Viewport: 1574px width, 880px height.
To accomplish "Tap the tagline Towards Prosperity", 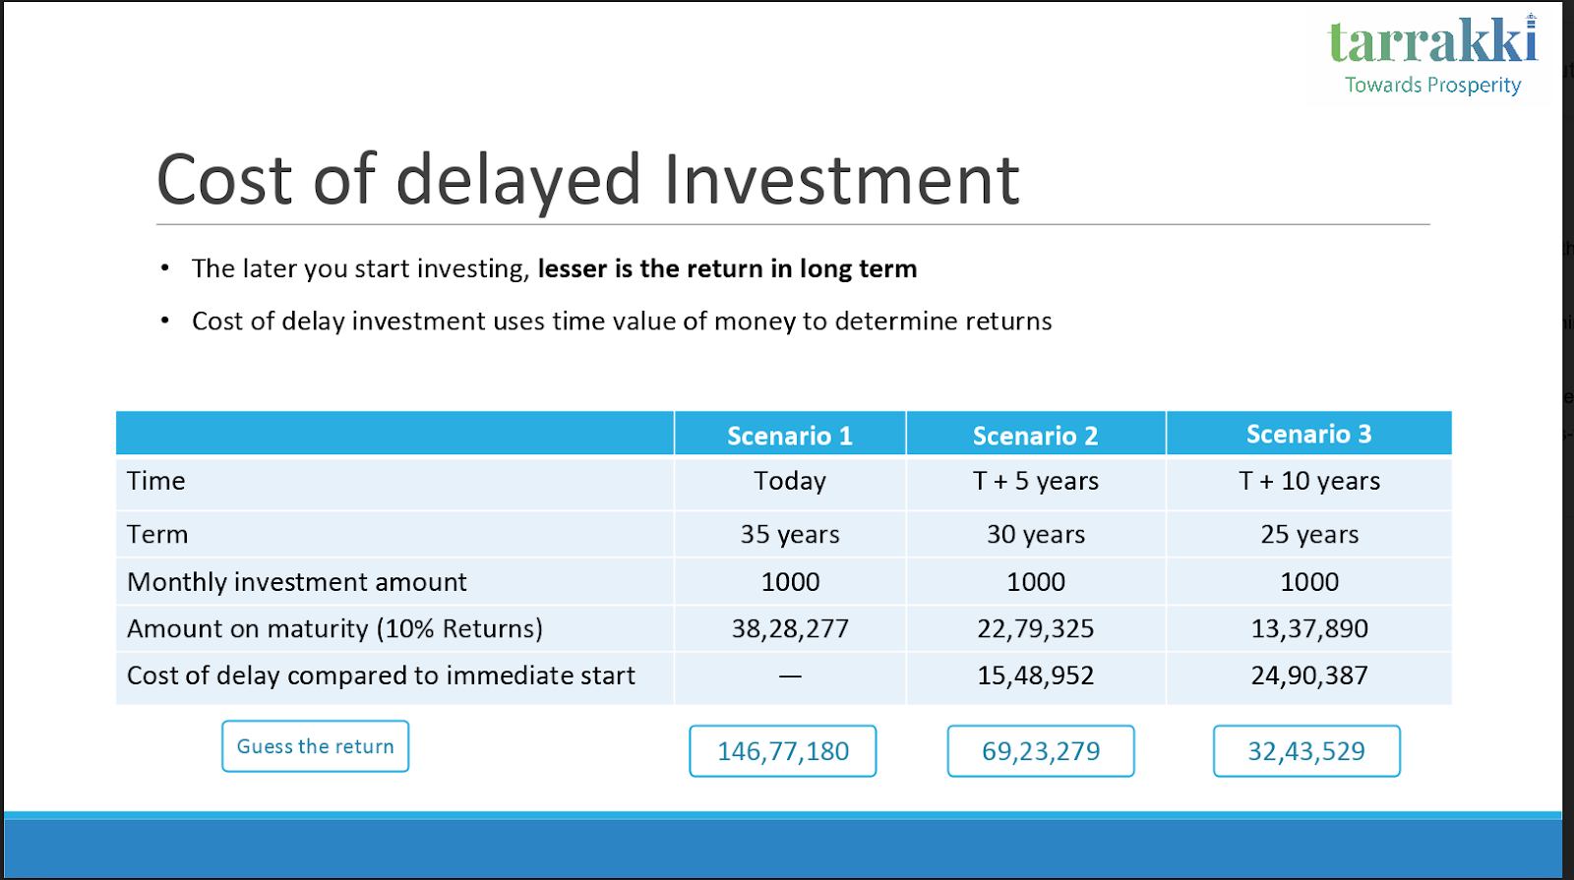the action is coord(1432,85).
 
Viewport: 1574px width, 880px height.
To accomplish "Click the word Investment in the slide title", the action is coord(841,180).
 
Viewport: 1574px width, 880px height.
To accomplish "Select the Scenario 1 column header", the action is coord(790,436).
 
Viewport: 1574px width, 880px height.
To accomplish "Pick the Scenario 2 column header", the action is coord(1035,436).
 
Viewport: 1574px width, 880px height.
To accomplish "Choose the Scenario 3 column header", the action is coord(1308,434).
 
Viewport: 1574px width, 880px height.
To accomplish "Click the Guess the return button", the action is coord(316,746).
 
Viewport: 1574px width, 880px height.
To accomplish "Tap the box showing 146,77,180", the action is coord(783,751).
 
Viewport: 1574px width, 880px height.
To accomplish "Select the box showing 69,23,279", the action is coord(1041,751).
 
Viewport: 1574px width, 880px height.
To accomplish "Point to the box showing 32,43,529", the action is coord(1306,751).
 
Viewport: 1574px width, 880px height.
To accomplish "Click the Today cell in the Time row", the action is coord(790,481).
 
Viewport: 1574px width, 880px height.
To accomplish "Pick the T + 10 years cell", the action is coord(1309,481).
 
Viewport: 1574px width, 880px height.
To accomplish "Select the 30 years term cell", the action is coord(1036,535).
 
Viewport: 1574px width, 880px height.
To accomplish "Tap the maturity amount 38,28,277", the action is coord(790,628).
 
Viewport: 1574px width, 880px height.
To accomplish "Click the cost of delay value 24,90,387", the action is coord(1309,675).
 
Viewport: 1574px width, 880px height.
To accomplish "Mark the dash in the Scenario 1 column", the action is coord(790,676).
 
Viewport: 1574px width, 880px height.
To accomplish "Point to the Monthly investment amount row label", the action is coord(296,582).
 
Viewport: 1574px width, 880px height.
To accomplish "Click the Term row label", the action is coord(157,535).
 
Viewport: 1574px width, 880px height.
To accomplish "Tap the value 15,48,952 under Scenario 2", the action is coord(1035,675).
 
